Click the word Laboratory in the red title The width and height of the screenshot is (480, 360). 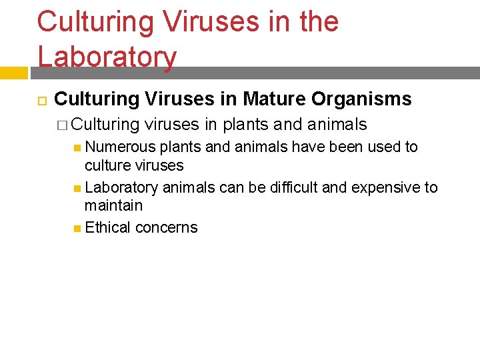pyautogui.click(x=107, y=57)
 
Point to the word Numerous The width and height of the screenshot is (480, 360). pyautogui.click(x=121, y=147)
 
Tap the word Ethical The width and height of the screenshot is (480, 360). pyautogui.click(x=107, y=227)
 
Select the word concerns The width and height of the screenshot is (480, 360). pyautogui.click(x=166, y=227)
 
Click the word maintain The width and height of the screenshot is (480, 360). pyautogui.click(x=113, y=205)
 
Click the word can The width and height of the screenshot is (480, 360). pyautogui.click(x=231, y=187)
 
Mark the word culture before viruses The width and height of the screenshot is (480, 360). pyautogui.click(x=109, y=165)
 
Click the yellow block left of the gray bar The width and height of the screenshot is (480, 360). pyautogui.click(x=13, y=73)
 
